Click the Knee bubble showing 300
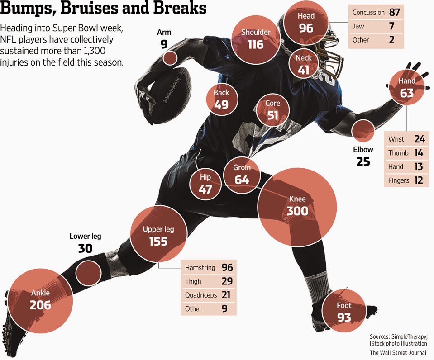click(x=297, y=206)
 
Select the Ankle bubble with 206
click(x=40, y=300)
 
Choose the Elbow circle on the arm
click(x=363, y=130)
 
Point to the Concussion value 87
click(x=395, y=12)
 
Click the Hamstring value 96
click(x=227, y=267)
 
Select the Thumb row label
click(x=398, y=153)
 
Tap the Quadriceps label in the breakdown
click(x=201, y=295)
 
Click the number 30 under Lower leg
click(x=85, y=248)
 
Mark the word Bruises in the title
click(x=95, y=9)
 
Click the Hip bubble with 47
click(x=205, y=184)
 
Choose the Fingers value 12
click(x=418, y=180)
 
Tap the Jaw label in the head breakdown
click(x=358, y=26)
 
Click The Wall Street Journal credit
click(x=398, y=353)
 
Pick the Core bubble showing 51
click(x=272, y=110)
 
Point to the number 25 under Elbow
click(x=363, y=161)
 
